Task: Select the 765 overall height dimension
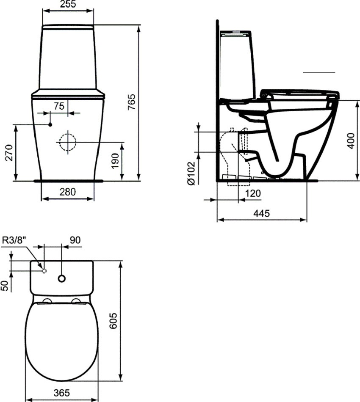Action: (131, 102)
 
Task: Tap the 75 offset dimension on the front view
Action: (59, 106)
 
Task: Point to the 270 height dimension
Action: (9, 153)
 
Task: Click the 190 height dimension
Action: (115, 161)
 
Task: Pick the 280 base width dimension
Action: (68, 192)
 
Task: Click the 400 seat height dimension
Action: (351, 140)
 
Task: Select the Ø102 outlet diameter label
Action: (191, 173)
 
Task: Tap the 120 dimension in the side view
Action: (253, 193)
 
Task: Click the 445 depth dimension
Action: (262, 213)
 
